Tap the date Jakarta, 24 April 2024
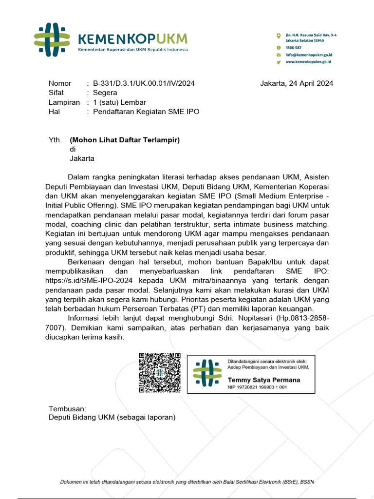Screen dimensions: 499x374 tap(297, 83)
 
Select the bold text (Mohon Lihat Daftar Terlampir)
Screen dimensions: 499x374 tap(125, 140)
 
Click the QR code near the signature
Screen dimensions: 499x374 tap(160, 373)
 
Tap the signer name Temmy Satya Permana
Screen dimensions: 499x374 tap(264, 380)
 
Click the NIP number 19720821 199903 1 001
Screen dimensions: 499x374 tap(258, 387)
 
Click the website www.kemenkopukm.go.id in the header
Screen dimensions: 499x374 tap(308, 62)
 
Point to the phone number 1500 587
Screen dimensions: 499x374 tap(294, 48)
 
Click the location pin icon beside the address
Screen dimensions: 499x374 tap(278, 36)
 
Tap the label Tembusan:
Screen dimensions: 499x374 tap(67, 408)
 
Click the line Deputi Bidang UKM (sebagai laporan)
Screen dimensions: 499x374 tap(112, 417)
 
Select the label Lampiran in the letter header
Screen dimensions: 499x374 tap(64, 102)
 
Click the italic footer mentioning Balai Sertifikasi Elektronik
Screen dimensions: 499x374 tap(187, 482)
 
